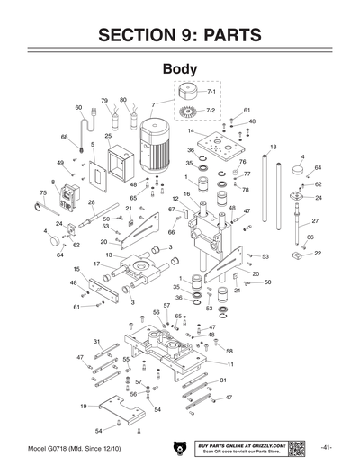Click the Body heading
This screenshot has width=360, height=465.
click(180, 69)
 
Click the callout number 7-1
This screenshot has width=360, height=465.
click(211, 92)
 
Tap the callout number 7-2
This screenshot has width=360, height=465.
click(211, 109)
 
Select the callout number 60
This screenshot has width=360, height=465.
click(78, 107)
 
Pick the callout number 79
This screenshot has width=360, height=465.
click(104, 100)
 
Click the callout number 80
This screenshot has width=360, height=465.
click(123, 100)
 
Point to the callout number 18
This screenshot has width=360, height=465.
click(273, 147)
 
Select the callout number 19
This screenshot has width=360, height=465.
click(83, 406)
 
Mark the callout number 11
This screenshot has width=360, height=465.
click(230, 364)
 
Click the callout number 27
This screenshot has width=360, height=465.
click(315, 221)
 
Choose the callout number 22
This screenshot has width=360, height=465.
click(318, 255)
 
